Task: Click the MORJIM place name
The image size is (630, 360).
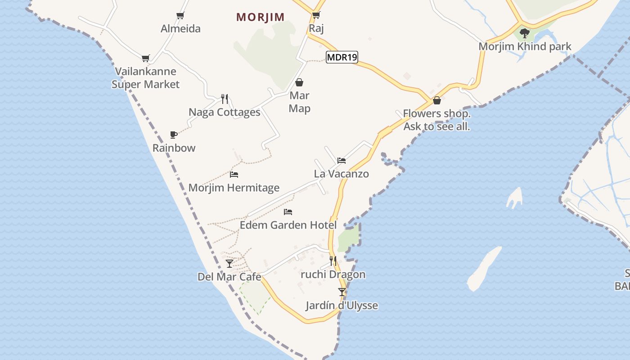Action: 261,17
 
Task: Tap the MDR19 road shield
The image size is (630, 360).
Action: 342,57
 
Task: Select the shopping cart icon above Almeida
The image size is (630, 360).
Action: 180,16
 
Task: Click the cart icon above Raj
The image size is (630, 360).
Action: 316,15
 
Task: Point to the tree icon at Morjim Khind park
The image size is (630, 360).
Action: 524,33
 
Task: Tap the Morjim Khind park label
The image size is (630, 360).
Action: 525,46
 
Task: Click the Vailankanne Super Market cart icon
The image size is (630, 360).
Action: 145,58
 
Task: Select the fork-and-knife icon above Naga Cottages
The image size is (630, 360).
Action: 225,99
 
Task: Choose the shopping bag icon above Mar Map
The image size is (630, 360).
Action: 299,82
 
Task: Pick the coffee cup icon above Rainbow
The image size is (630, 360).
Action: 174,135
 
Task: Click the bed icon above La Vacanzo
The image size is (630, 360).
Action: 342,160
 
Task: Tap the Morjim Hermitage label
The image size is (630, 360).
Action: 234,188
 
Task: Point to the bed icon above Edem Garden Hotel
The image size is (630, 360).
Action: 288,211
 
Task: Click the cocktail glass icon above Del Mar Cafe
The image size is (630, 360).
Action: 229,263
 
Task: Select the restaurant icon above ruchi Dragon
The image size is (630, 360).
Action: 333,261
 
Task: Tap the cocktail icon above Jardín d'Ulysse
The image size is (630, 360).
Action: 342,292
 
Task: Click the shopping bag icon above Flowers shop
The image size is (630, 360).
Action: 436,100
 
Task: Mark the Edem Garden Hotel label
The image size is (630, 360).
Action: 288,225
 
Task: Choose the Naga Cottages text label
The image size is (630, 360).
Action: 225,112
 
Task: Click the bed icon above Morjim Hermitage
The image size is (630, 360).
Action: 234,174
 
